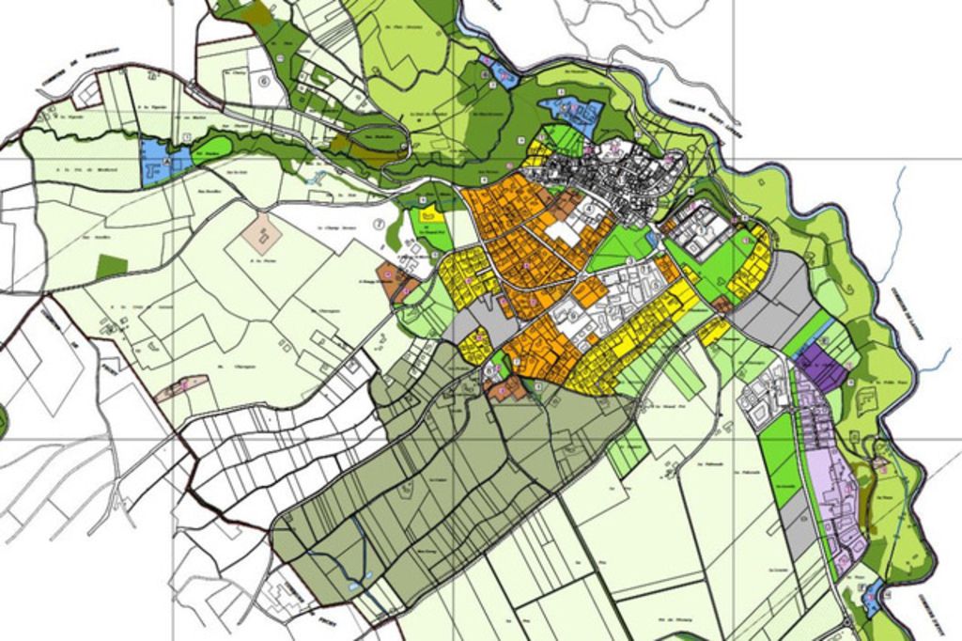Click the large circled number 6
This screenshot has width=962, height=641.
[264, 81]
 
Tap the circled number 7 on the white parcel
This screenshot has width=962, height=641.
[379, 224]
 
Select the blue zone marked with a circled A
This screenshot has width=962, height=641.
[154, 160]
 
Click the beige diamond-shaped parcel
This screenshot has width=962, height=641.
[262, 231]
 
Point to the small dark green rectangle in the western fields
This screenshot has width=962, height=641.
[111, 266]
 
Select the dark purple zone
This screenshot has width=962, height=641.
[822, 367]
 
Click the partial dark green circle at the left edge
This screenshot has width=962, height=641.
[3, 420]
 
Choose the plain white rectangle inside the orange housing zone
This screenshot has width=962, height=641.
[564, 232]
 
